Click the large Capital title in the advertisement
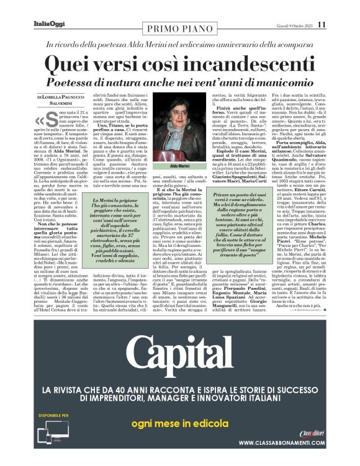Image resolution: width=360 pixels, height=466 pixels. [x=180, y=355]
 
